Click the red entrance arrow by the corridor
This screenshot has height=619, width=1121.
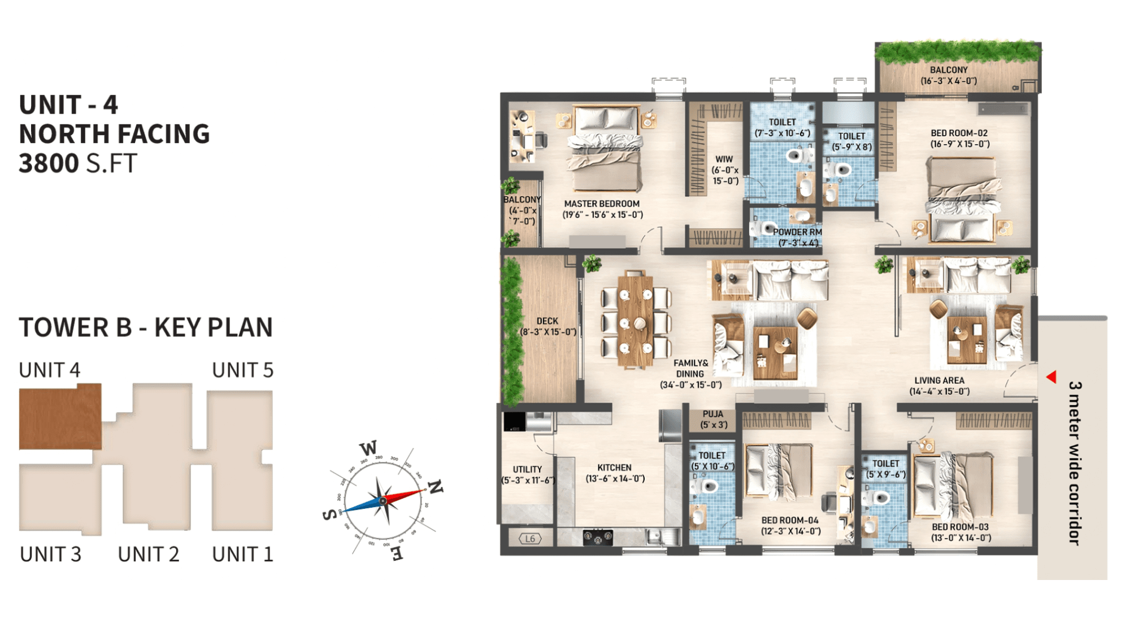[x=1052, y=377]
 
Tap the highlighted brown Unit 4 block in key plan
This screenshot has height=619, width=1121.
[x=60, y=417]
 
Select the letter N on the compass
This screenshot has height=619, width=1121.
[x=435, y=487]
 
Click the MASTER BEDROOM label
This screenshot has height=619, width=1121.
[x=602, y=204]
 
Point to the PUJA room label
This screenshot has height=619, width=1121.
[x=713, y=414]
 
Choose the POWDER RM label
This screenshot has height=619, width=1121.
[x=797, y=232]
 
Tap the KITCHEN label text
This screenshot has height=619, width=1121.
[x=614, y=468]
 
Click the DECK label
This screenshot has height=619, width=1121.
[x=547, y=321]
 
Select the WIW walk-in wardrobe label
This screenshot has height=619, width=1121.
[x=724, y=159]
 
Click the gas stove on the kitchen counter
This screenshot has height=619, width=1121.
[x=598, y=536]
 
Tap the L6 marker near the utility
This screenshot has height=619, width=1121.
[x=530, y=539]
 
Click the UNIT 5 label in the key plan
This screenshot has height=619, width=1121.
[x=243, y=370]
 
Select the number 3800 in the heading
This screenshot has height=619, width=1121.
[x=49, y=163]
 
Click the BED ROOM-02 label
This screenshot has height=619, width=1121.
[x=959, y=133]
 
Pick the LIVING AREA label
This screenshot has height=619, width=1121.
[x=940, y=380]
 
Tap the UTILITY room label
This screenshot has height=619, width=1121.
[x=527, y=469]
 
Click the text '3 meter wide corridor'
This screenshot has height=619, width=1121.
[x=1075, y=463]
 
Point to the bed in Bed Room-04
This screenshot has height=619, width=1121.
[x=780, y=472]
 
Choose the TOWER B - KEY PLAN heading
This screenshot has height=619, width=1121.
[x=146, y=327]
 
